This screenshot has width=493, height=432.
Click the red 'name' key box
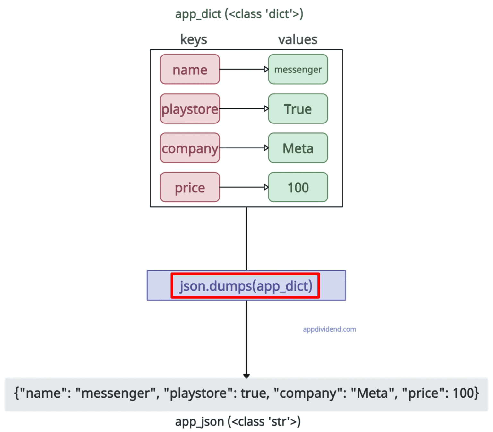pyautogui.click(x=190, y=69)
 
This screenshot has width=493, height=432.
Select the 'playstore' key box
pyautogui.click(x=190, y=109)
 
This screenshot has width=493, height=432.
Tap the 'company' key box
pyautogui.click(x=190, y=148)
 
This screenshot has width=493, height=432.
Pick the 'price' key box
pyautogui.click(x=190, y=187)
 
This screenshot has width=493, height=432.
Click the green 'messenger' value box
pyautogui.click(x=298, y=69)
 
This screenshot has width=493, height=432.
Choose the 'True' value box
pyautogui.click(x=298, y=109)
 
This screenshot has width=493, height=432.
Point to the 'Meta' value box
pyautogui.click(x=298, y=148)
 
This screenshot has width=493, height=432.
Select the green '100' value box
pyautogui.click(x=298, y=187)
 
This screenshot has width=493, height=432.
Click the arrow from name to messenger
pyautogui.click(x=244, y=69)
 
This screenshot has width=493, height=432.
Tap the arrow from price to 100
pyautogui.click(x=244, y=187)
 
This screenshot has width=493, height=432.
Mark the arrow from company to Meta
pyautogui.click(x=244, y=148)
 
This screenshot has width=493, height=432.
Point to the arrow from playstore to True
pyautogui.click(x=244, y=108)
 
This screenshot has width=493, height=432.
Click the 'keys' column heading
pyautogui.click(x=194, y=40)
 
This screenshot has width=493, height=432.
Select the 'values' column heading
pyautogui.click(x=298, y=40)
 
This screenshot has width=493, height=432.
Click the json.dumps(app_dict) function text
pyautogui.click(x=246, y=286)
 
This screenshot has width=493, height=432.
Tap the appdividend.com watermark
pyautogui.click(x=329, y=329)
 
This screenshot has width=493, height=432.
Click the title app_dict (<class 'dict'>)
pyautogui.click(x=239, y=14)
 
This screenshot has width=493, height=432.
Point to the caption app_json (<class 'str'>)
pyautogui.click(x=238, y=421)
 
